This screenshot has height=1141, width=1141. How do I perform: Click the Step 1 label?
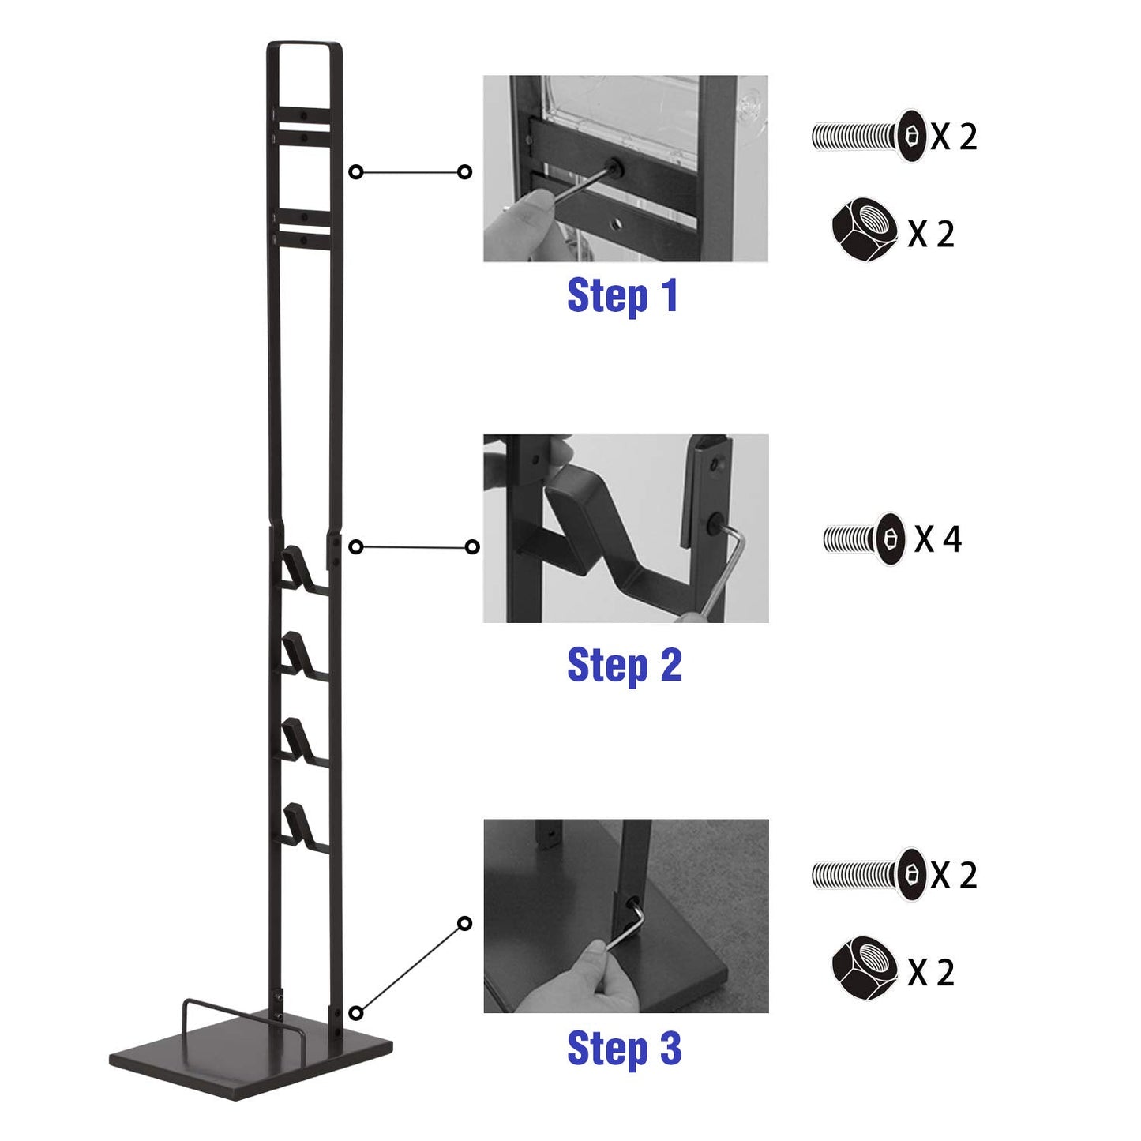coord(621,295)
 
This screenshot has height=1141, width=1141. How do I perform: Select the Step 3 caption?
coord(624,1048)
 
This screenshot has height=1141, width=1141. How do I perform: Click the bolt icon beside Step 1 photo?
coord(868,136)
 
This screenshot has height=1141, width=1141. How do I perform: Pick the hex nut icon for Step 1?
coord(865,231)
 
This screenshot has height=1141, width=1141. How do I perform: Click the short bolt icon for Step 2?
coord(865,539)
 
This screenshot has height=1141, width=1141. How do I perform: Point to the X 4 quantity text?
coord(938,539)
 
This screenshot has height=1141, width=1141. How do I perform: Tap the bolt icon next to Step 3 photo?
coord(868,874)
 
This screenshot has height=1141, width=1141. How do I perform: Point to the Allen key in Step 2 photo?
coord(726,569)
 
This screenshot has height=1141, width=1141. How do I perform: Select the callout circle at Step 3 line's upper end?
coord(465,924)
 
